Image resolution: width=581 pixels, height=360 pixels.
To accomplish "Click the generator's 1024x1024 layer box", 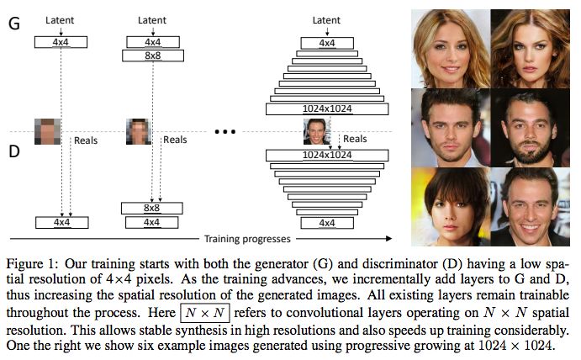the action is (x=326, y=109).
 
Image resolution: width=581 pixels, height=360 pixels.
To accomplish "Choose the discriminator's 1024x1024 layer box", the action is (x=326, y=155).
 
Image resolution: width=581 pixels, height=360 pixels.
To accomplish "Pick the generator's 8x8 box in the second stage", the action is (x=152, y=56).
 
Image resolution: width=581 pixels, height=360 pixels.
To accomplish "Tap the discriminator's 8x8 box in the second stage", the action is (x=152, y=207).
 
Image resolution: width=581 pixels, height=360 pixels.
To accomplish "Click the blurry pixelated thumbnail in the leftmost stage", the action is (x=47, y=131).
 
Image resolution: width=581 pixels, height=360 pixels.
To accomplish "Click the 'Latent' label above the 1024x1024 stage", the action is (x=326, y=20).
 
